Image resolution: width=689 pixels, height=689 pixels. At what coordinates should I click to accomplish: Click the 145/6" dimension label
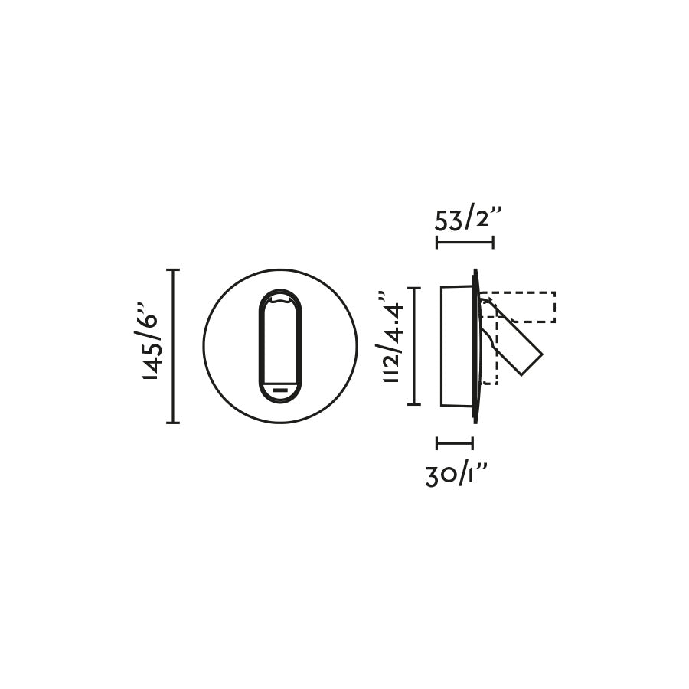point(150,346)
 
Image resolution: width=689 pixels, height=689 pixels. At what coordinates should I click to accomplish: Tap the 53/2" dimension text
point(468,220)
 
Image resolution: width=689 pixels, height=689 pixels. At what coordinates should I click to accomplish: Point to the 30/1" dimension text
point(456,475)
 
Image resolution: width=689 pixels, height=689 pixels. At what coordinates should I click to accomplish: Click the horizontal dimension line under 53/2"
point(465,243)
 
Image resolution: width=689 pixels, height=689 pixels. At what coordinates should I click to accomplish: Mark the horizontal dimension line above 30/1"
point(455,442)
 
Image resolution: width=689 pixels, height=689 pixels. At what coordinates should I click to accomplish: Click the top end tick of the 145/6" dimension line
point(173,270)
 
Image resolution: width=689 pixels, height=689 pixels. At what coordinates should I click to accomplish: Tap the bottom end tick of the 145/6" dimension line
point(173,422)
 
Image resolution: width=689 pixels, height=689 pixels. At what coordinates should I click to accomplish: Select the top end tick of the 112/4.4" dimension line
point(414,288)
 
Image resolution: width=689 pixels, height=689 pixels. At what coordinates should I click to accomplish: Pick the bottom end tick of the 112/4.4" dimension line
point(414,403)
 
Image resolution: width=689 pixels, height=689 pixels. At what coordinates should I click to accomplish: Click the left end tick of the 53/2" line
point(437,243)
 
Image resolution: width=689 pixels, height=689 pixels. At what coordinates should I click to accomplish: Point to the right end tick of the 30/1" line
point(472,442)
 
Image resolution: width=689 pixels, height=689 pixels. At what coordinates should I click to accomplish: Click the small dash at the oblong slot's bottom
point(280,390)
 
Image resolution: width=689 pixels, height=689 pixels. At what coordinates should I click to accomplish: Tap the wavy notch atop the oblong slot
point(280,300)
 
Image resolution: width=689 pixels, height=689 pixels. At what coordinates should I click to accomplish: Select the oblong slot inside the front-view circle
point(280,346)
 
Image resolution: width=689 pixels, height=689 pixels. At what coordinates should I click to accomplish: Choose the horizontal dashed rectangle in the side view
point(521,306)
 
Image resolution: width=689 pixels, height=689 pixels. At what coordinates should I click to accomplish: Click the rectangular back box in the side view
point(456,346)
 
